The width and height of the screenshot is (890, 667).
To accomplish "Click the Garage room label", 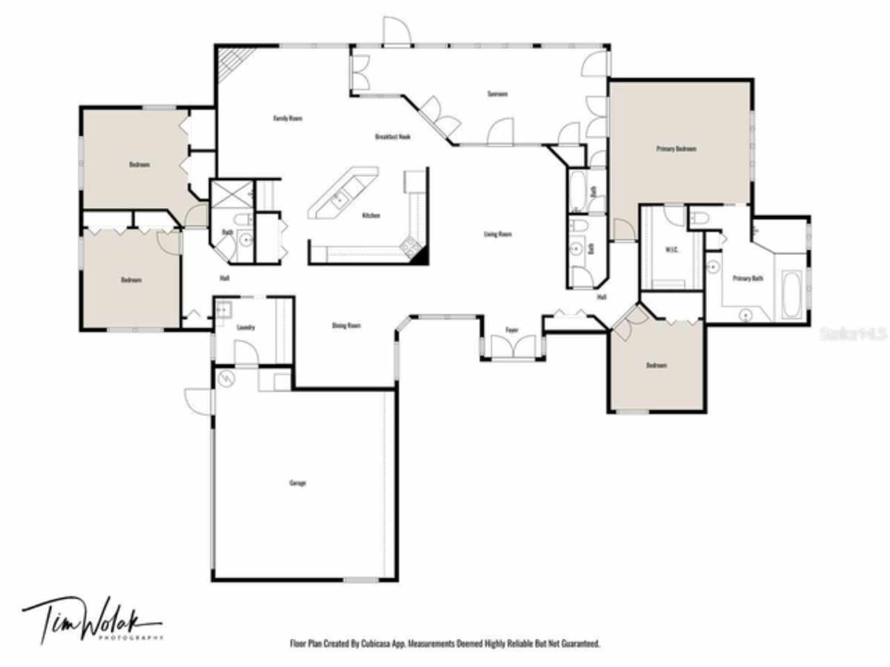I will click(297, 483).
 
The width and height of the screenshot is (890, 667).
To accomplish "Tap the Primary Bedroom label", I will click(677, 149).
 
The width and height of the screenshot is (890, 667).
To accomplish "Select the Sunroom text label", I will click(496, 94).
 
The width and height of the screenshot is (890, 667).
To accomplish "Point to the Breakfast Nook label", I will click(392, 137).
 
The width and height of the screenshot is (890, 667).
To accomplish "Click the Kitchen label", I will click(371, 215).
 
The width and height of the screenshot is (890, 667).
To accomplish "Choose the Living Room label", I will click(497, 234).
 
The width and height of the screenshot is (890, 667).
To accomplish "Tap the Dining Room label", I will click(346, 325).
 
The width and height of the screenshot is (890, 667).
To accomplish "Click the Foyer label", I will click(512, 330).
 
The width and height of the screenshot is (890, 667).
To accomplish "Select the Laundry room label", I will click(245, 327).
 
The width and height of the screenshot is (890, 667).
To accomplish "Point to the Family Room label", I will click(287, 118).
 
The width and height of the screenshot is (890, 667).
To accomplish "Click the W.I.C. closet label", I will click(672, 249).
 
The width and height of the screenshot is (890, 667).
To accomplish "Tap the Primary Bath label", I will click(747, 279).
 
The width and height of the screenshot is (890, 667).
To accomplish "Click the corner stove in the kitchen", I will click(409, 245).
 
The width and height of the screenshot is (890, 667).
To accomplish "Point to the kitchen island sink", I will click(339, 199).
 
